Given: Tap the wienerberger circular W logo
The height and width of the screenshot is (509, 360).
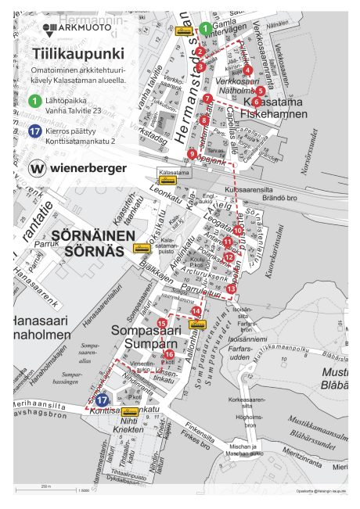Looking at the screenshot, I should (x=37, y=168).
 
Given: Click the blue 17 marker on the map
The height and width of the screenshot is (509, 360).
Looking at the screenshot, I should (x=102, y=400).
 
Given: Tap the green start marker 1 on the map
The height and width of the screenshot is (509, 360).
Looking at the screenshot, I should (x=204, y=28).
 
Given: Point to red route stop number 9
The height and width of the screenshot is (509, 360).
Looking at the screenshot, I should (x=192, y=154).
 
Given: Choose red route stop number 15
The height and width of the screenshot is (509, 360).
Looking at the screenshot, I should (x=162, y=323).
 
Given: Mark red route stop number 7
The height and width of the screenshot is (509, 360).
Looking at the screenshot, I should (x=207, y=99).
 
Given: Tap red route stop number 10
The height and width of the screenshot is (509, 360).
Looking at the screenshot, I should (x=238, y=231).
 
